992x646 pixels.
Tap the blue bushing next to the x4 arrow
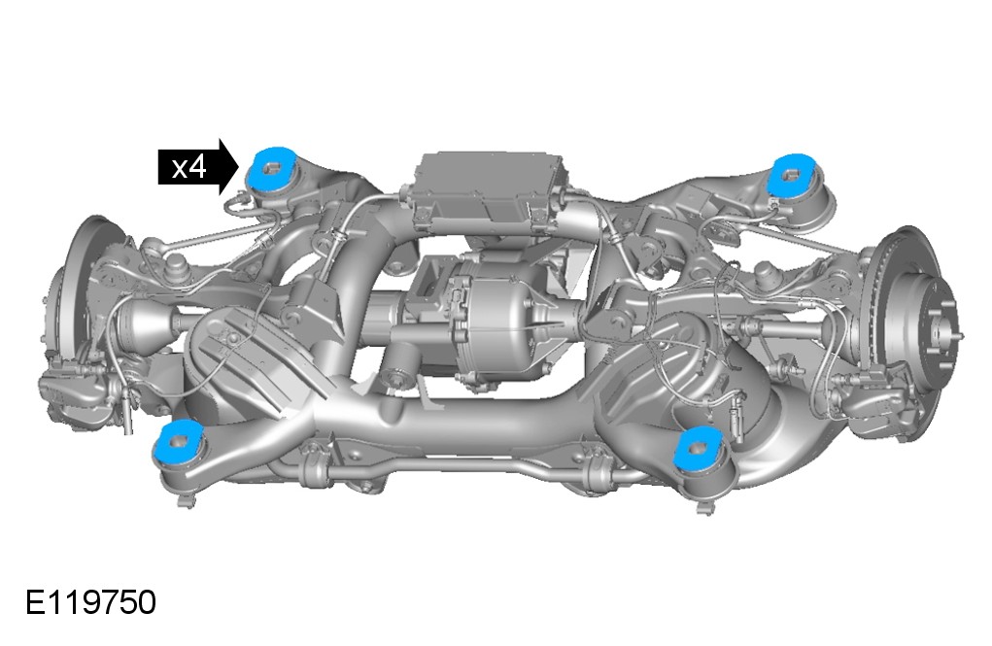272,167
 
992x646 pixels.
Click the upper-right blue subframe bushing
791,174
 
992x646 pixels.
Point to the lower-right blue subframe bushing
698,447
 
